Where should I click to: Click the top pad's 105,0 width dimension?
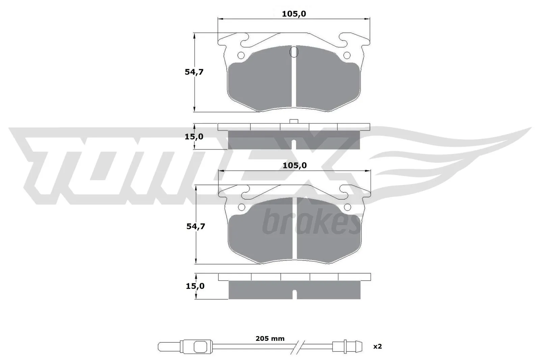tap(294, 14)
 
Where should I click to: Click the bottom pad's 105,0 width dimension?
tap(294, 165)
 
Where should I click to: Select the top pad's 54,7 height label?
tap(194, 72)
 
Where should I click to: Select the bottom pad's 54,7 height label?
tap(196, 226)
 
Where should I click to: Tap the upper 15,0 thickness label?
tap(194, 137)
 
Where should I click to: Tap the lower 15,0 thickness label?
tap(195, 286)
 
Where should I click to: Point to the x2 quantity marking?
tap(378, 346)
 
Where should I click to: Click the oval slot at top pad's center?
tap(294, 52)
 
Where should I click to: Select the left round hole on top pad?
tap(241, 55)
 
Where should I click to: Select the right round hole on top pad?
tap(347, 55)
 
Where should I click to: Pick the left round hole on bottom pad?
tap(242, 207)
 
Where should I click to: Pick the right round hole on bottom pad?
tap(347, 207)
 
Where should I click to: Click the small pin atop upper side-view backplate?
tap(294, 121)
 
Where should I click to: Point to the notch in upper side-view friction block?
tap(294, 144)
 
